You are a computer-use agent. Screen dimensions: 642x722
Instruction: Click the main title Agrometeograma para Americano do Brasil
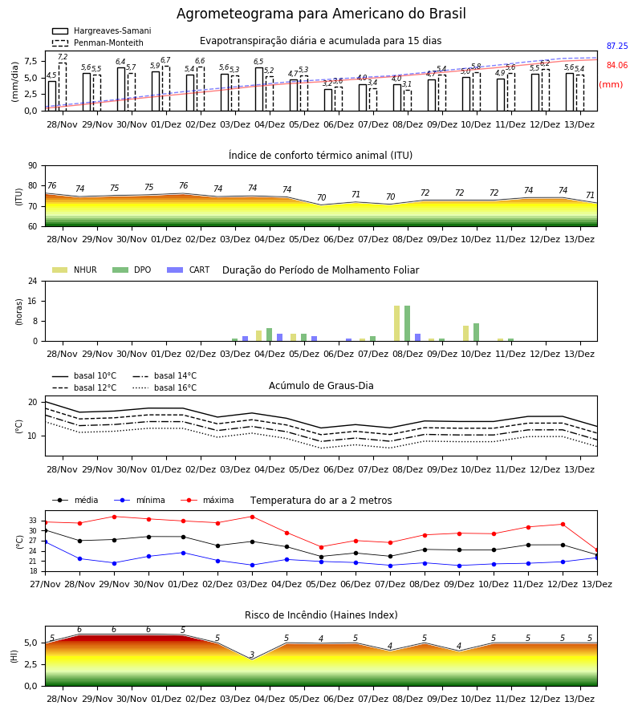click(x=321, y=14)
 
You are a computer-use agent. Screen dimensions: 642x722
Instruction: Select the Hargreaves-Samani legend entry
click(x=101, y=30)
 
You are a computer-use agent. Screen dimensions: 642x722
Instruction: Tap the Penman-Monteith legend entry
click(x=98, y=43)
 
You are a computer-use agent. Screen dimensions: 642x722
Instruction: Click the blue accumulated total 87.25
click(x=617, y=46)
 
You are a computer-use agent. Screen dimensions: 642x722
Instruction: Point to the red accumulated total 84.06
click(x=617, y=66)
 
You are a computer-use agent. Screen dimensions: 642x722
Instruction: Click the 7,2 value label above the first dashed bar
click(x=63, y=57)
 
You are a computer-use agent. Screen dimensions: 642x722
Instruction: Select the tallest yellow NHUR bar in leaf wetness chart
click(x=397, y=323)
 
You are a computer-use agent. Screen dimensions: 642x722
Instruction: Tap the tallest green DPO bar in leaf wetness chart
click(x=407, y=323)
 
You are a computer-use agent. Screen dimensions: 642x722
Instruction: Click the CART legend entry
click(x=189, y=270)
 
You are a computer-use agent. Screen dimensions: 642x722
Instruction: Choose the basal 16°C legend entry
click(x=165, y=387)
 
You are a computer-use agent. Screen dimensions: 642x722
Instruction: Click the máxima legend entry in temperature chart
click(x=208, y=500)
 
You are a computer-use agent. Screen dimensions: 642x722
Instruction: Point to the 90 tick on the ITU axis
click(x=33, y=166)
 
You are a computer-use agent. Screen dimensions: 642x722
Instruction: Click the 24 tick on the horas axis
click(x=33, y=281)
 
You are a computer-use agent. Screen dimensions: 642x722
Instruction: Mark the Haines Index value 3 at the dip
click(x=252, y=655)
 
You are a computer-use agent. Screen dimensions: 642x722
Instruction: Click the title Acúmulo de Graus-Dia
click(x=321, y=386)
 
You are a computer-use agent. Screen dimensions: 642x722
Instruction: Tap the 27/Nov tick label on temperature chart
click(x=45, y=584)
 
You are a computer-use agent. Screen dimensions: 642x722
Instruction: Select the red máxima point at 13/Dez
click(x=597, y=550)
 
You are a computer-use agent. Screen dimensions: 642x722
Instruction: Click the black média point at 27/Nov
click(x=45, y=530)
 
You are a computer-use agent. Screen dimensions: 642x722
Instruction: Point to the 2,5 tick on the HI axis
click(x=30, y=664)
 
